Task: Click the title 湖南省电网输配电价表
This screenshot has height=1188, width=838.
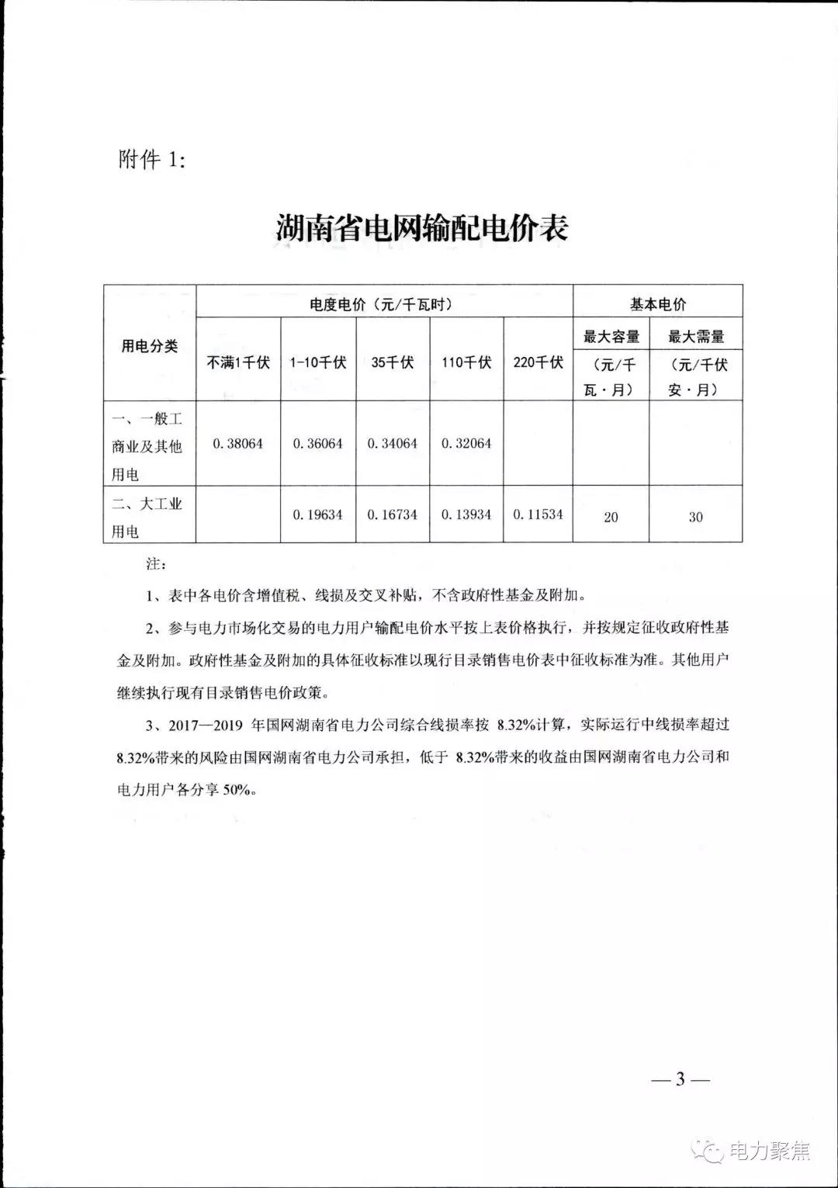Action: click(422, 227)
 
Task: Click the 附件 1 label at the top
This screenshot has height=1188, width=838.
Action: click(152, 160)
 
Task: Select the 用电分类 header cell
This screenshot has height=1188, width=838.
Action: click(150, 346)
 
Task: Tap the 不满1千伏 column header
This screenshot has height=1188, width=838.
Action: click(238, 362)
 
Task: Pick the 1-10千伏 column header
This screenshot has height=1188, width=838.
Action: click(318, 362)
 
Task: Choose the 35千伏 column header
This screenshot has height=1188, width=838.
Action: click(393, 362)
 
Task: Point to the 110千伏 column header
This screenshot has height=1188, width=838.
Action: click(466, 362)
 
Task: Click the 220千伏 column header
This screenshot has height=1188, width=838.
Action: click(538, 362)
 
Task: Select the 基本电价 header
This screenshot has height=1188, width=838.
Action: click(657, 304)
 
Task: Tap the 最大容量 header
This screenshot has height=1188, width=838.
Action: click(611, 337)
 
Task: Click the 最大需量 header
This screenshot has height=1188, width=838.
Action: click(696, 337)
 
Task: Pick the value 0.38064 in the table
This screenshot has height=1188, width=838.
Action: click(238, 444)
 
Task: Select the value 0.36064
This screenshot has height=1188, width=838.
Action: click(318, 444)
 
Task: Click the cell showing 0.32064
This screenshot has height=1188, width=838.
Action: click(466, 444)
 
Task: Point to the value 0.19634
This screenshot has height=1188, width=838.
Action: click(318, 514)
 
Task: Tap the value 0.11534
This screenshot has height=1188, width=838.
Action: click(538, 514)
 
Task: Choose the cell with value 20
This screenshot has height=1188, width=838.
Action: click(611, 517)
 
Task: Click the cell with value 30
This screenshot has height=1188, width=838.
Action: click(696, 517)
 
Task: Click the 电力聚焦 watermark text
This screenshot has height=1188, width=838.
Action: click(769, 1151)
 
